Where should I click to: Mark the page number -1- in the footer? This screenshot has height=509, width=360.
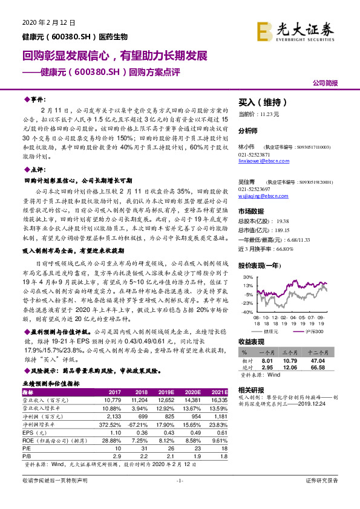pos(179,497)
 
